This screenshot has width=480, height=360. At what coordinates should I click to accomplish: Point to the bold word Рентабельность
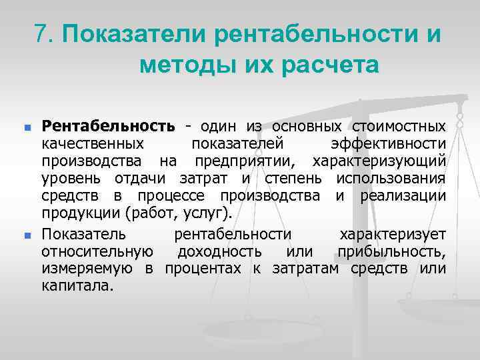click(x=109, y=126)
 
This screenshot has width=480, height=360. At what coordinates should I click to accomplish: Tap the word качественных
click(x=92, y=143)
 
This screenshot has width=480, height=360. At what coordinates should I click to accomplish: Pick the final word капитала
click(x=77, y=286)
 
